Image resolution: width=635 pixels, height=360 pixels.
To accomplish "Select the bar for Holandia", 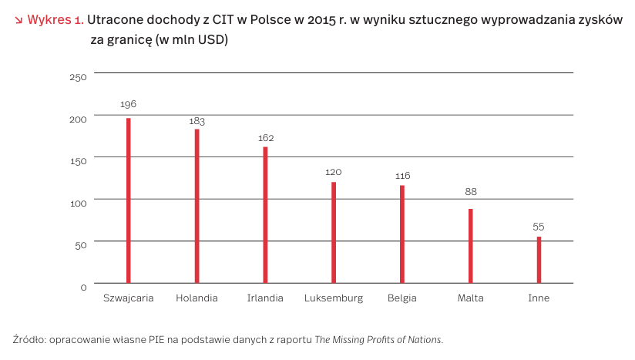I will (197, 206).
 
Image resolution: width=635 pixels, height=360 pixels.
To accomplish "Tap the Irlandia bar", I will (265, 214).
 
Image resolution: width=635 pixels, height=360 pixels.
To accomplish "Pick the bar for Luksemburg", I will (334, 232).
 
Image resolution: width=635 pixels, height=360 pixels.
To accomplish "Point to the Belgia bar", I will (402, 234).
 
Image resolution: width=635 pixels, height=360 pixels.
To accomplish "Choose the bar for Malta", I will (471, 245).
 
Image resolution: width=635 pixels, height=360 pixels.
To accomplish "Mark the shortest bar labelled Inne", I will (539, 260).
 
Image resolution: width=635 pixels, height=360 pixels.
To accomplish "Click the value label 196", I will (129, 104).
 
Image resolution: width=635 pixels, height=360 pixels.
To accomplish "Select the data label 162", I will (266, 138).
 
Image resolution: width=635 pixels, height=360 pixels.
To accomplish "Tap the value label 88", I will (471, 192).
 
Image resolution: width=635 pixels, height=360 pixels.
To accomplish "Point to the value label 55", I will (539, 227).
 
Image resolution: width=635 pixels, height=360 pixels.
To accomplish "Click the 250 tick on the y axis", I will (79, 77).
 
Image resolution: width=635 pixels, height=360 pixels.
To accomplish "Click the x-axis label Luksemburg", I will (334, 298).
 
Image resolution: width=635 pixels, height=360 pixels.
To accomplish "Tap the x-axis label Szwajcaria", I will (129, 298).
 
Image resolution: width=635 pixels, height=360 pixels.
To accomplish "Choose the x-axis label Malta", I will (471, 298).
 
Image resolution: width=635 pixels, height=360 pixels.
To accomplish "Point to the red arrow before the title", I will (18, 20).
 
